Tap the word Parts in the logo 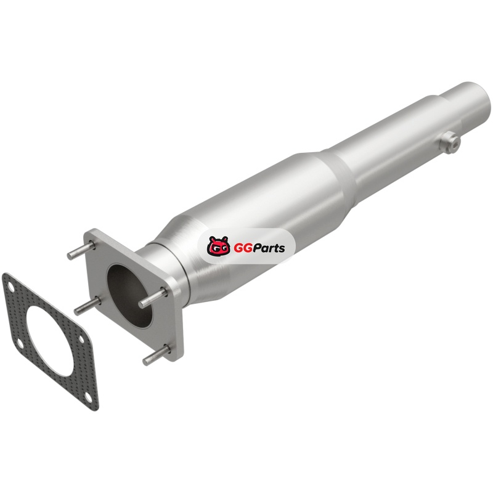[268, 248]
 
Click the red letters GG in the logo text [242, 248]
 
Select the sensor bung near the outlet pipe [450, 144]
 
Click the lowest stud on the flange [156, 355]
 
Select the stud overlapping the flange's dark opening [153, 297]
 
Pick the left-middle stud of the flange [88, 306]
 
